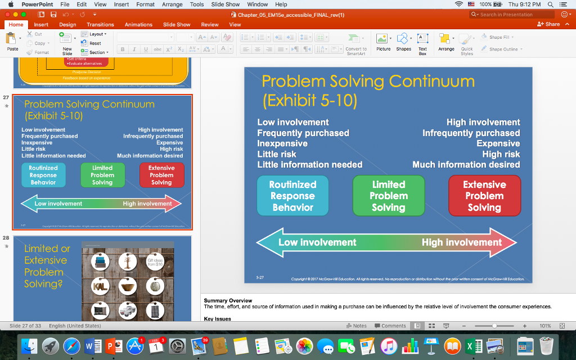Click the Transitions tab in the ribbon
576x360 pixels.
[100, 25]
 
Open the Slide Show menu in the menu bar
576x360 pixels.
[225, 4]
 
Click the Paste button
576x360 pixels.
[12, 42]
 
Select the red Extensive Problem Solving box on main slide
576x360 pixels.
[484, 196]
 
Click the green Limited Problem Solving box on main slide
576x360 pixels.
[389, 196]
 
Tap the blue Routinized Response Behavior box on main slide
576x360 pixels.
[292, 196]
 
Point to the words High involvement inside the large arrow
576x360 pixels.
[461, 242]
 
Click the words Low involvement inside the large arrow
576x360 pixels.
[317, 242]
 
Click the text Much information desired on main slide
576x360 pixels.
[466, 165]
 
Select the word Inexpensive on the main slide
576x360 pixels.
[282, 143]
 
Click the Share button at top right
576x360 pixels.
[549, 24]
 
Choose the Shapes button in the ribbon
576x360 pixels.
[403, 42]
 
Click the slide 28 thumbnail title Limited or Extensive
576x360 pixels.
[47, 254]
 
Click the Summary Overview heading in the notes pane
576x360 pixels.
[228, 301]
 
